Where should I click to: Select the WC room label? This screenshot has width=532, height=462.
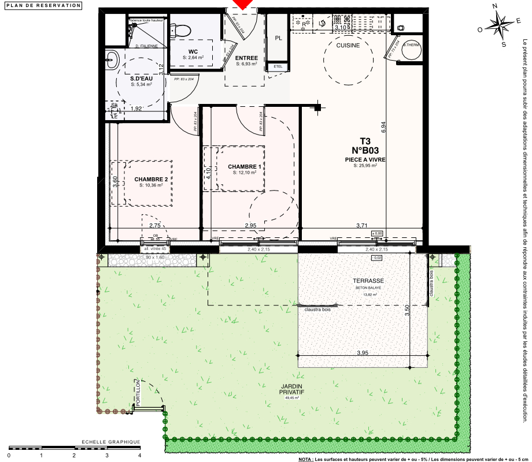coord(193,51)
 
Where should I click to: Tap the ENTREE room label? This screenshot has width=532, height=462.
coord(246,58)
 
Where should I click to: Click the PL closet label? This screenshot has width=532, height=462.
coord(278,38)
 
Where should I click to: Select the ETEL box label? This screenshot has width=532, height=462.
coord(278,67)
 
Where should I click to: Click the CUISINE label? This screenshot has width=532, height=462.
coord(348,46)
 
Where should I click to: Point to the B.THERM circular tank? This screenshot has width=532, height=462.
coord(411,49)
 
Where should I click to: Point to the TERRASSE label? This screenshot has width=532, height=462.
coord(368,281)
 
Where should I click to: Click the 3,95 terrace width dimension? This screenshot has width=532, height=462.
coord(363,352)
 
